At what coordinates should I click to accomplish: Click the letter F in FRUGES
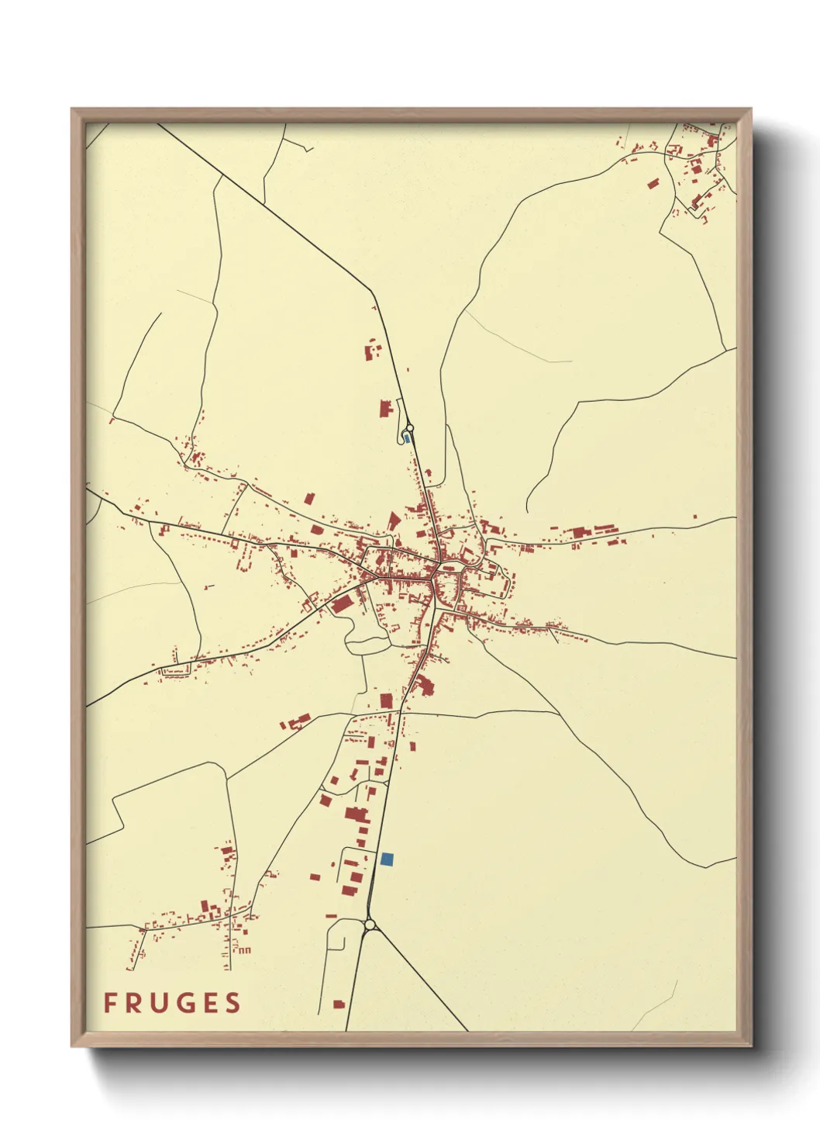110,1003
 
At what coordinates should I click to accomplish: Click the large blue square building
388,859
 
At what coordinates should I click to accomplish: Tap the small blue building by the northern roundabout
407,438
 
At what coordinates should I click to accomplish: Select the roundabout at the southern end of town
370,924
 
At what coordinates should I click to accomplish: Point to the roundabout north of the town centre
410,427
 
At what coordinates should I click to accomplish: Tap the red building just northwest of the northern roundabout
385,408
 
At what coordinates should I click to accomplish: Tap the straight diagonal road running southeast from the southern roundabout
422,980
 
